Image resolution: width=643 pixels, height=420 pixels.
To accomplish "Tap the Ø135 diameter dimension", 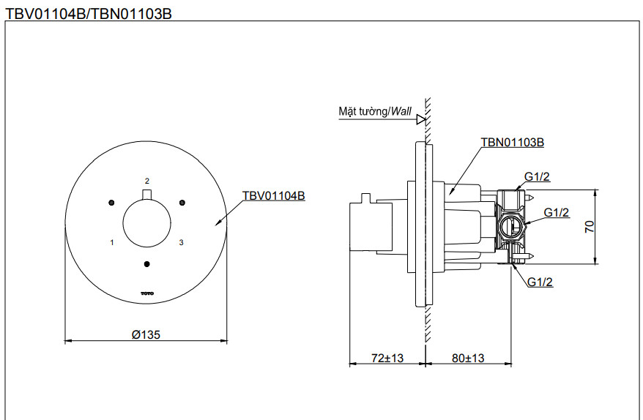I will (146, 334).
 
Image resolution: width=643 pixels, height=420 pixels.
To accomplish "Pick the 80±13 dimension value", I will (467, 358).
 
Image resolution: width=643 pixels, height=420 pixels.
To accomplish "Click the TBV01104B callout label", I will (273, 195).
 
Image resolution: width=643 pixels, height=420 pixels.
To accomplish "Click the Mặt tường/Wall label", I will (374, 112).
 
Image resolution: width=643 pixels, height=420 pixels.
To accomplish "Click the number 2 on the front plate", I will (147, 181).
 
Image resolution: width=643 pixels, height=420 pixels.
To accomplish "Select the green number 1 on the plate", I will (111, 241).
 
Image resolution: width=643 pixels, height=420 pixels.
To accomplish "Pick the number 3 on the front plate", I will (181, 241).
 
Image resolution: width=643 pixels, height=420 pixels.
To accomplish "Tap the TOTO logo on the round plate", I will (147, 294).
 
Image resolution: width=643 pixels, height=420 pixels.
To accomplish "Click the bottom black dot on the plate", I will (147, 263).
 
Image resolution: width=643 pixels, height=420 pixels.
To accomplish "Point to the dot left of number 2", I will (111, 202).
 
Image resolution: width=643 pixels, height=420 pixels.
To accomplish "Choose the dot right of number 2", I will (182, 202).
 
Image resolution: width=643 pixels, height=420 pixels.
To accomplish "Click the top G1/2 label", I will (538, 176).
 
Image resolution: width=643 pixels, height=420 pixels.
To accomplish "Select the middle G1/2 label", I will (556, 212).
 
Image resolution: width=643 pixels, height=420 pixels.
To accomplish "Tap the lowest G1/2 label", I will (540, 282).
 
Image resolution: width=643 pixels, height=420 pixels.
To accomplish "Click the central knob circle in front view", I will (147, 222).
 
